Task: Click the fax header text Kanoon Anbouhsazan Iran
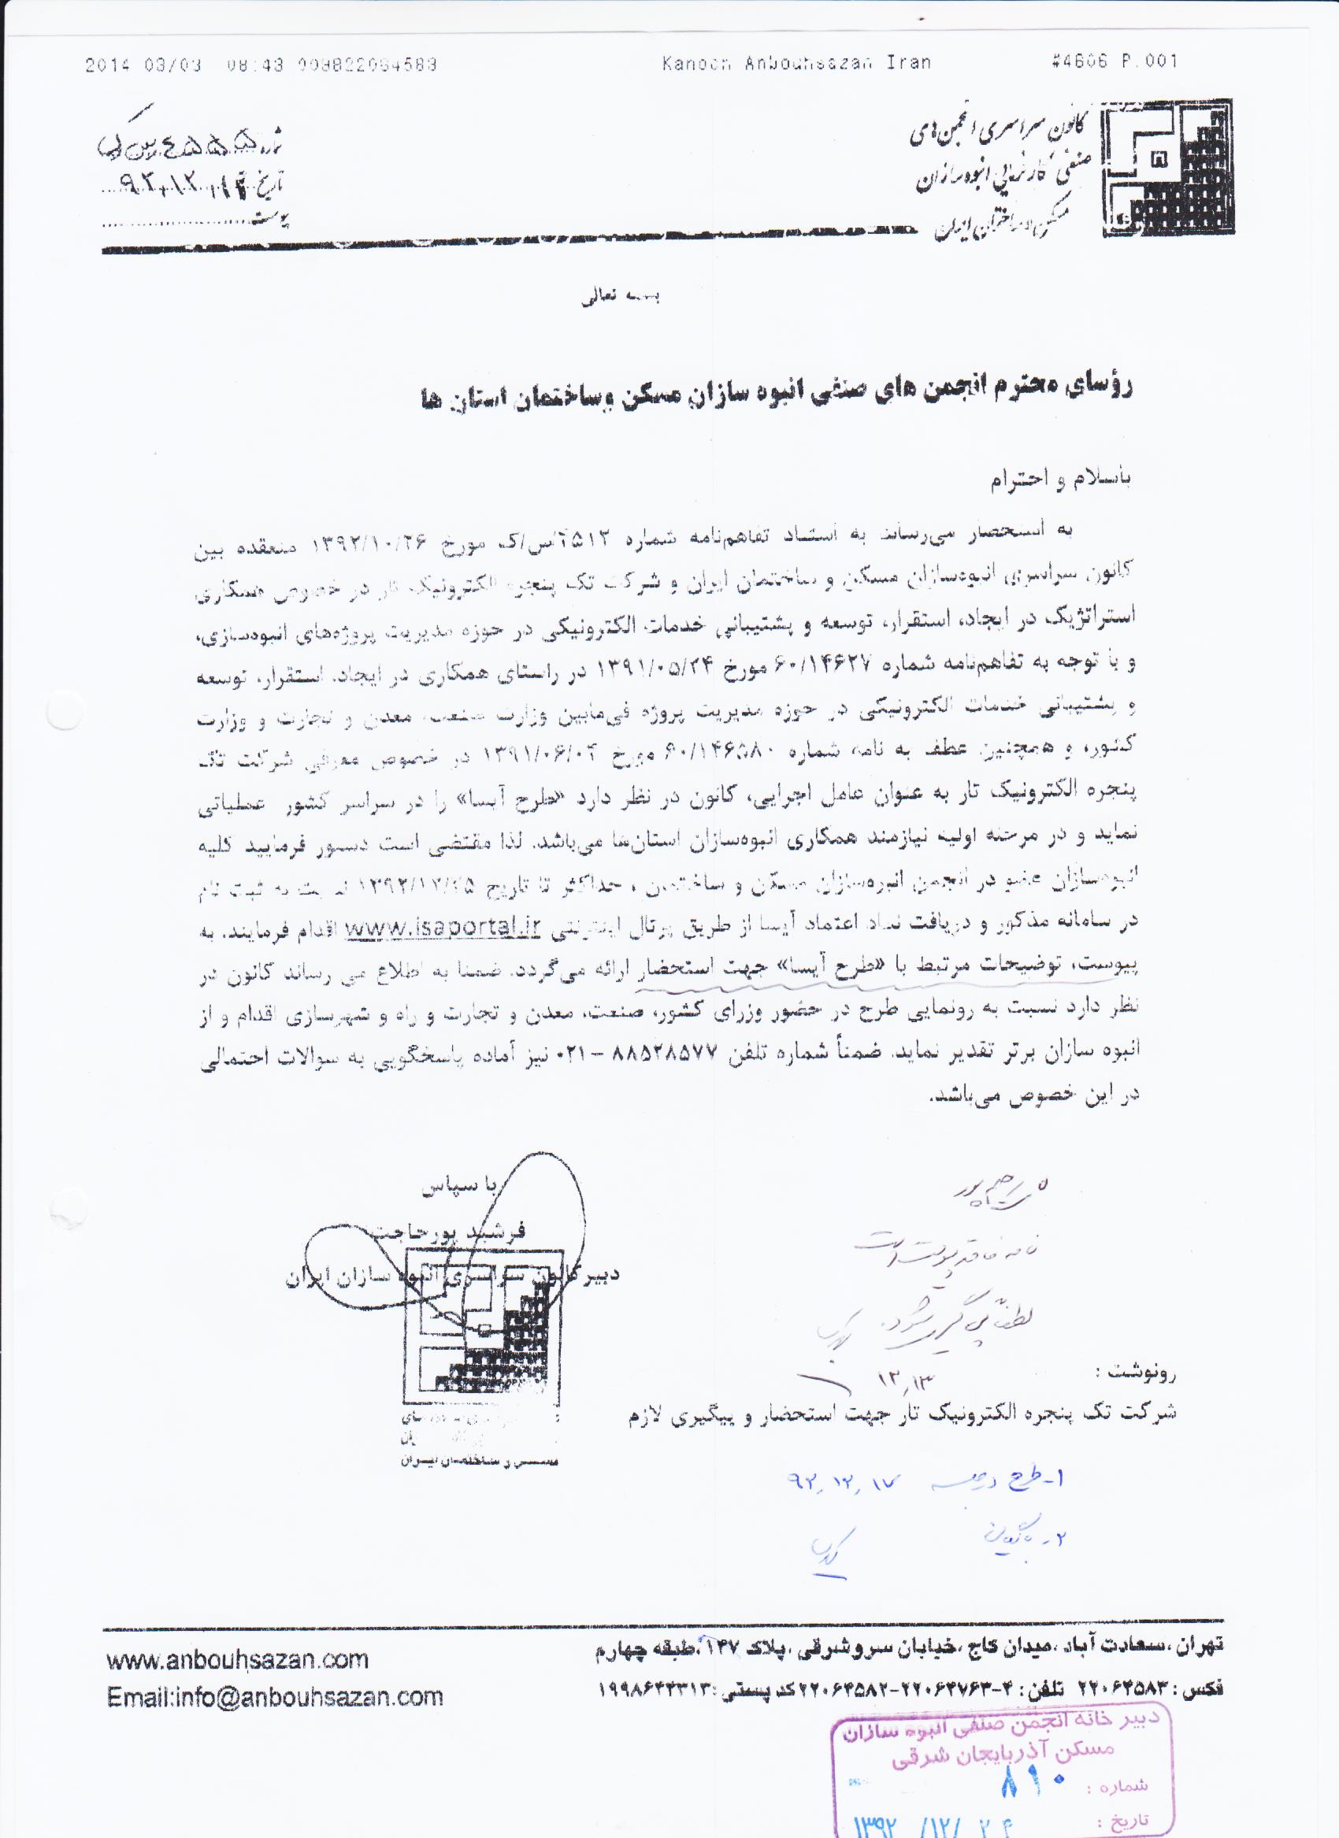(796, 63)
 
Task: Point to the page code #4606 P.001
(1114, 61)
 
